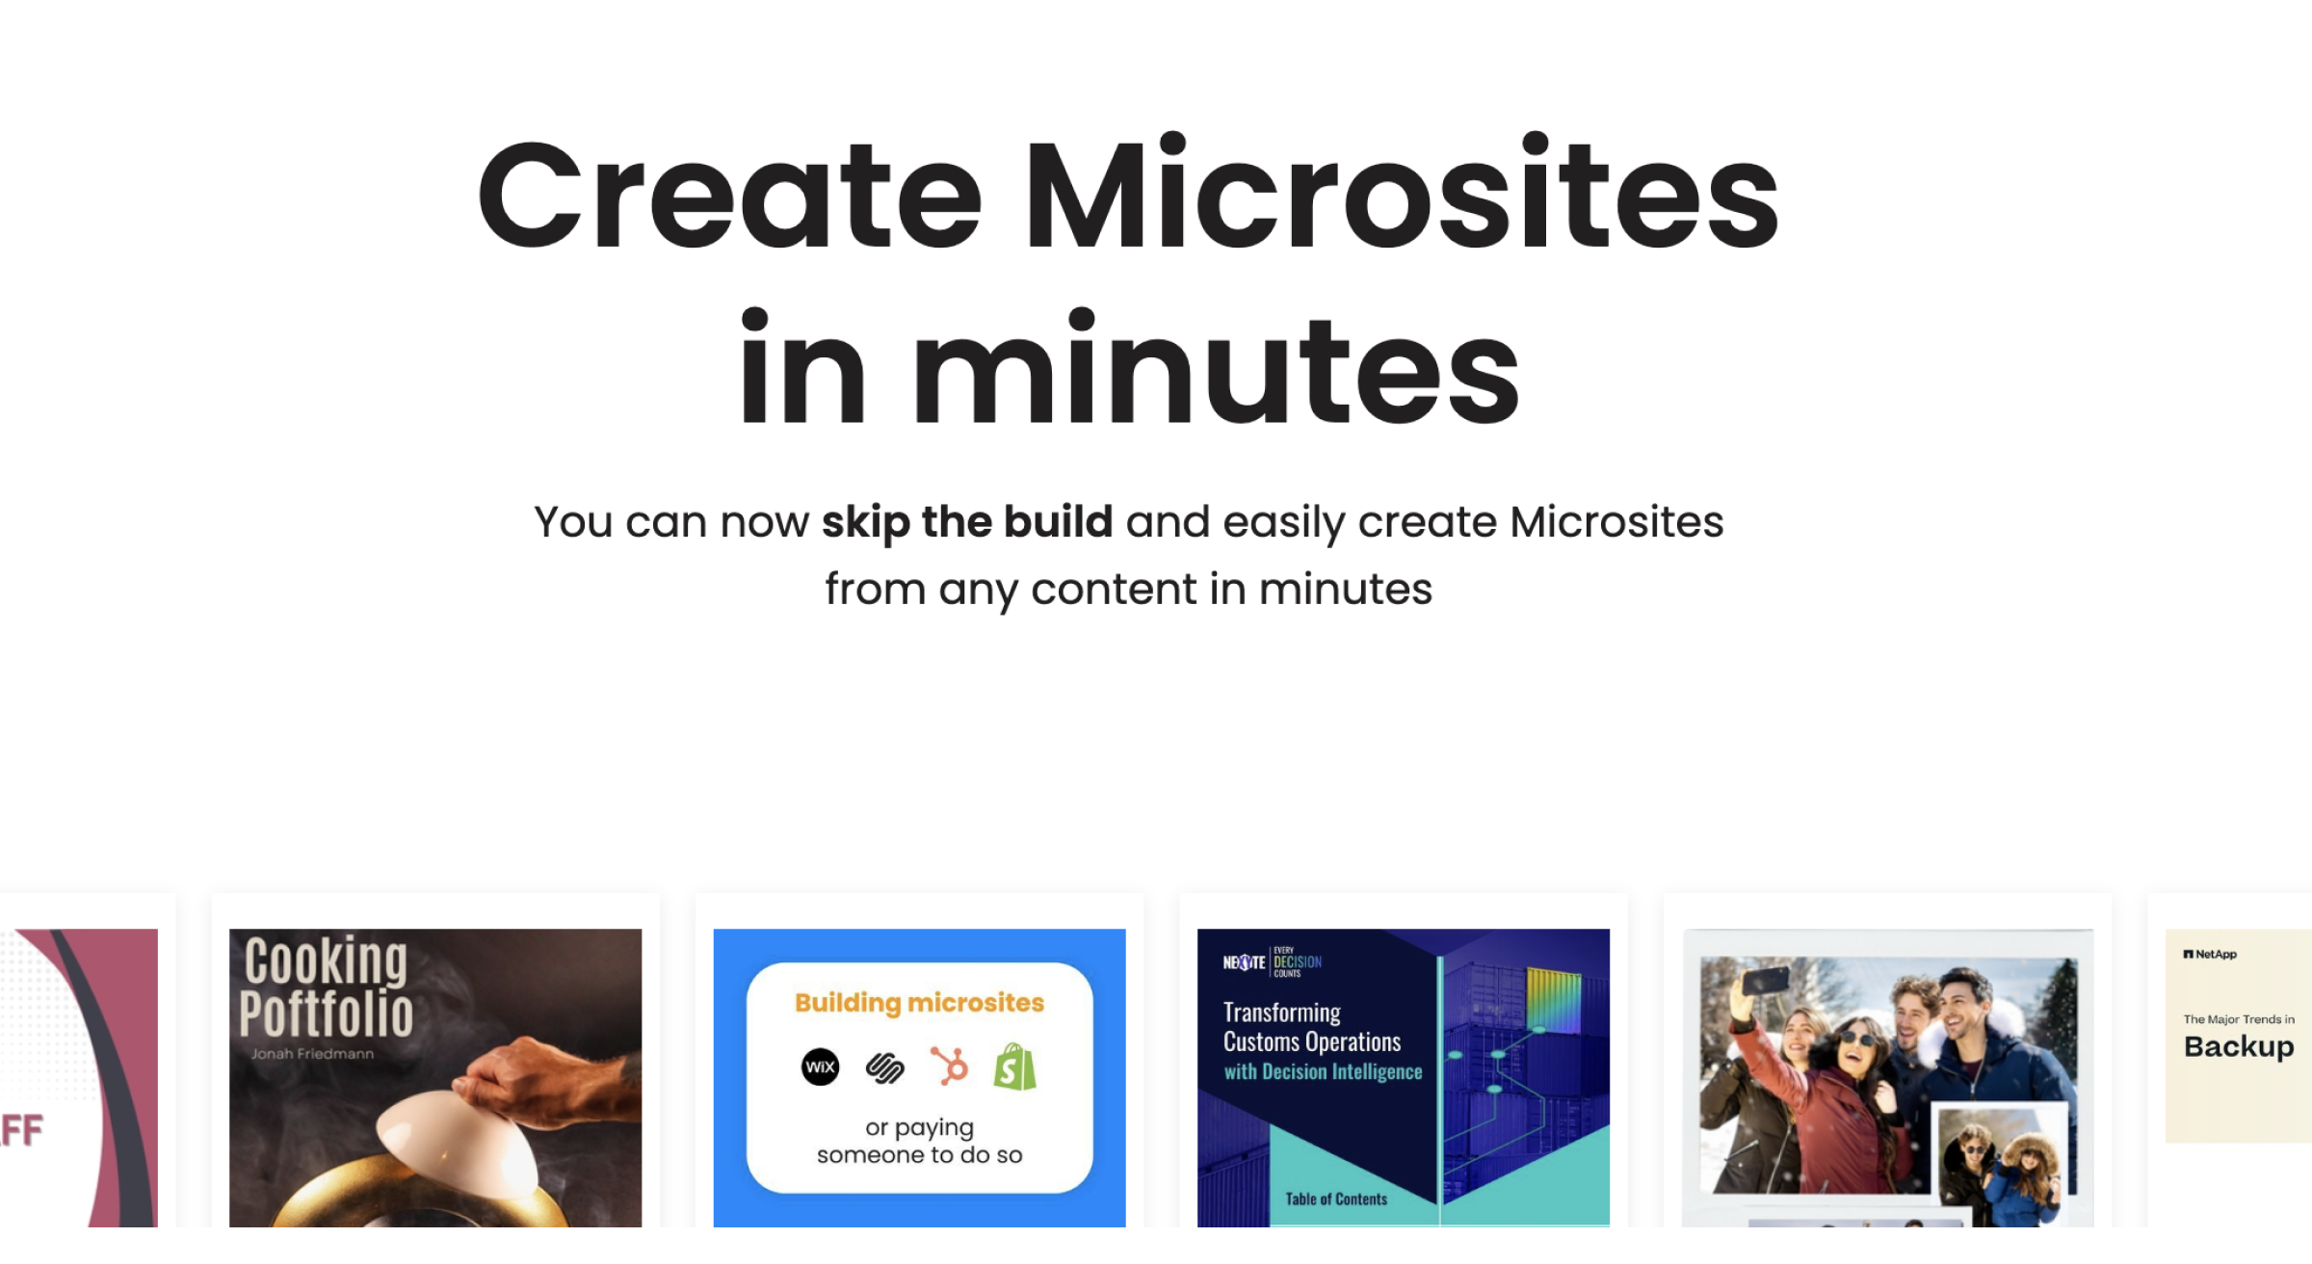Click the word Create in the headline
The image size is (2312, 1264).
pyautogui.click(x=729, y=197)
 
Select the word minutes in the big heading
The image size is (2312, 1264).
pyautogui.click(x=1215, y=372)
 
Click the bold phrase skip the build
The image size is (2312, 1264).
pyautogui.click(x=966, y=522)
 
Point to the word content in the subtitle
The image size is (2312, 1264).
pyautogui.click(x=1113, y=589)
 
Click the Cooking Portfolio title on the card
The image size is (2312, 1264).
pyautogui.click(x=326, y=987)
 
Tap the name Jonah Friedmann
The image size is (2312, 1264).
pyautogui.click(x=312, y=1054)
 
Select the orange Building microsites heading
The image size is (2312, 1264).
pyautogui.click(x=919, y=1003)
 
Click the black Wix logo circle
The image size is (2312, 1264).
pyautogui.click(x=820, y=1066)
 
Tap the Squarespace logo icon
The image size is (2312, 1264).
pyautogui.click(x=884, y=1067)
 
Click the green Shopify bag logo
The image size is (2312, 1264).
pyautogui.click(x=1015, y=1066)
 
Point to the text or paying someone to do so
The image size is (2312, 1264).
pyautogui.click(x=919, y=1141)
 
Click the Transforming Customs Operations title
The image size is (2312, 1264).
pyautogui.click(x=1311, y=1027)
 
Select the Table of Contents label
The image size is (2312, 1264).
pyautogui.click(x=1336, y=1199)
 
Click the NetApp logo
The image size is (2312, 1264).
pyautogui.click(x=2210, y=955)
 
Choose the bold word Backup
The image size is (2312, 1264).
pyautogui.click(x=2239, y=1047)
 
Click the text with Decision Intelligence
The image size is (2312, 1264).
pyautogui.click(x=1323, y=1072)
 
